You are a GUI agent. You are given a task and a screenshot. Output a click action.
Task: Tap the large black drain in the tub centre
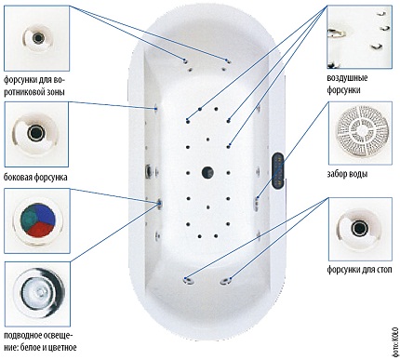[x=207, y=170]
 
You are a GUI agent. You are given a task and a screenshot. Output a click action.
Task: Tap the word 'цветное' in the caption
[x=81, y=346]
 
